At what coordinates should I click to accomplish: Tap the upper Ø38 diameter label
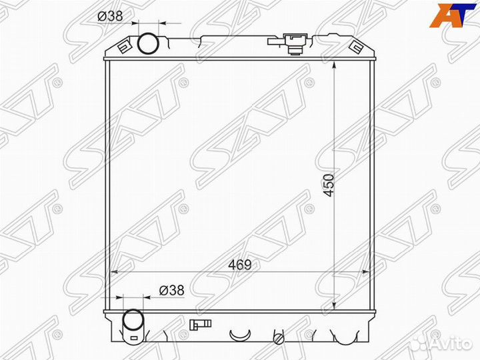(x=110, y=17)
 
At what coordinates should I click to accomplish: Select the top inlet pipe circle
(x=147, y=43)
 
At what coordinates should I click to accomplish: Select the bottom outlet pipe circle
(x=133, y=321)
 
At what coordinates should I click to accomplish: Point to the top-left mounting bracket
(x=123, y=47)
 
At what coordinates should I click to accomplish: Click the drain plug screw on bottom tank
(x=279, y=340)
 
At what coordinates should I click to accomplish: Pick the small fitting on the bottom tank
(x=197, y=325)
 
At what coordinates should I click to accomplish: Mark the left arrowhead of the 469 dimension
(x=113, y=272)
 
